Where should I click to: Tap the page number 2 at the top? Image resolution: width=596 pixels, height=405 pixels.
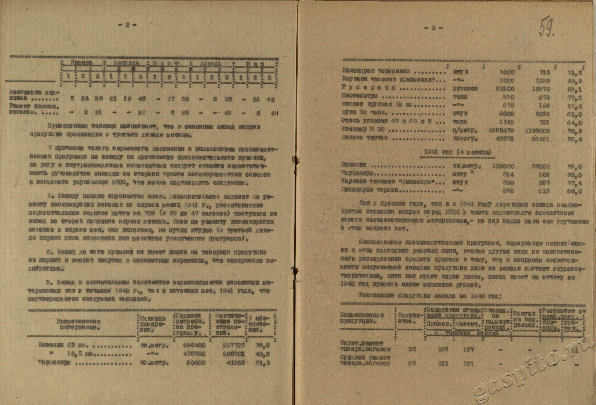(128, 25)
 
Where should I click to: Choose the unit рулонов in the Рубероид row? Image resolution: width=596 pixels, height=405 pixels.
(466, 89)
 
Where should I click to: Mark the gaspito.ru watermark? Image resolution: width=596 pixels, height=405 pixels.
(527, 370)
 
